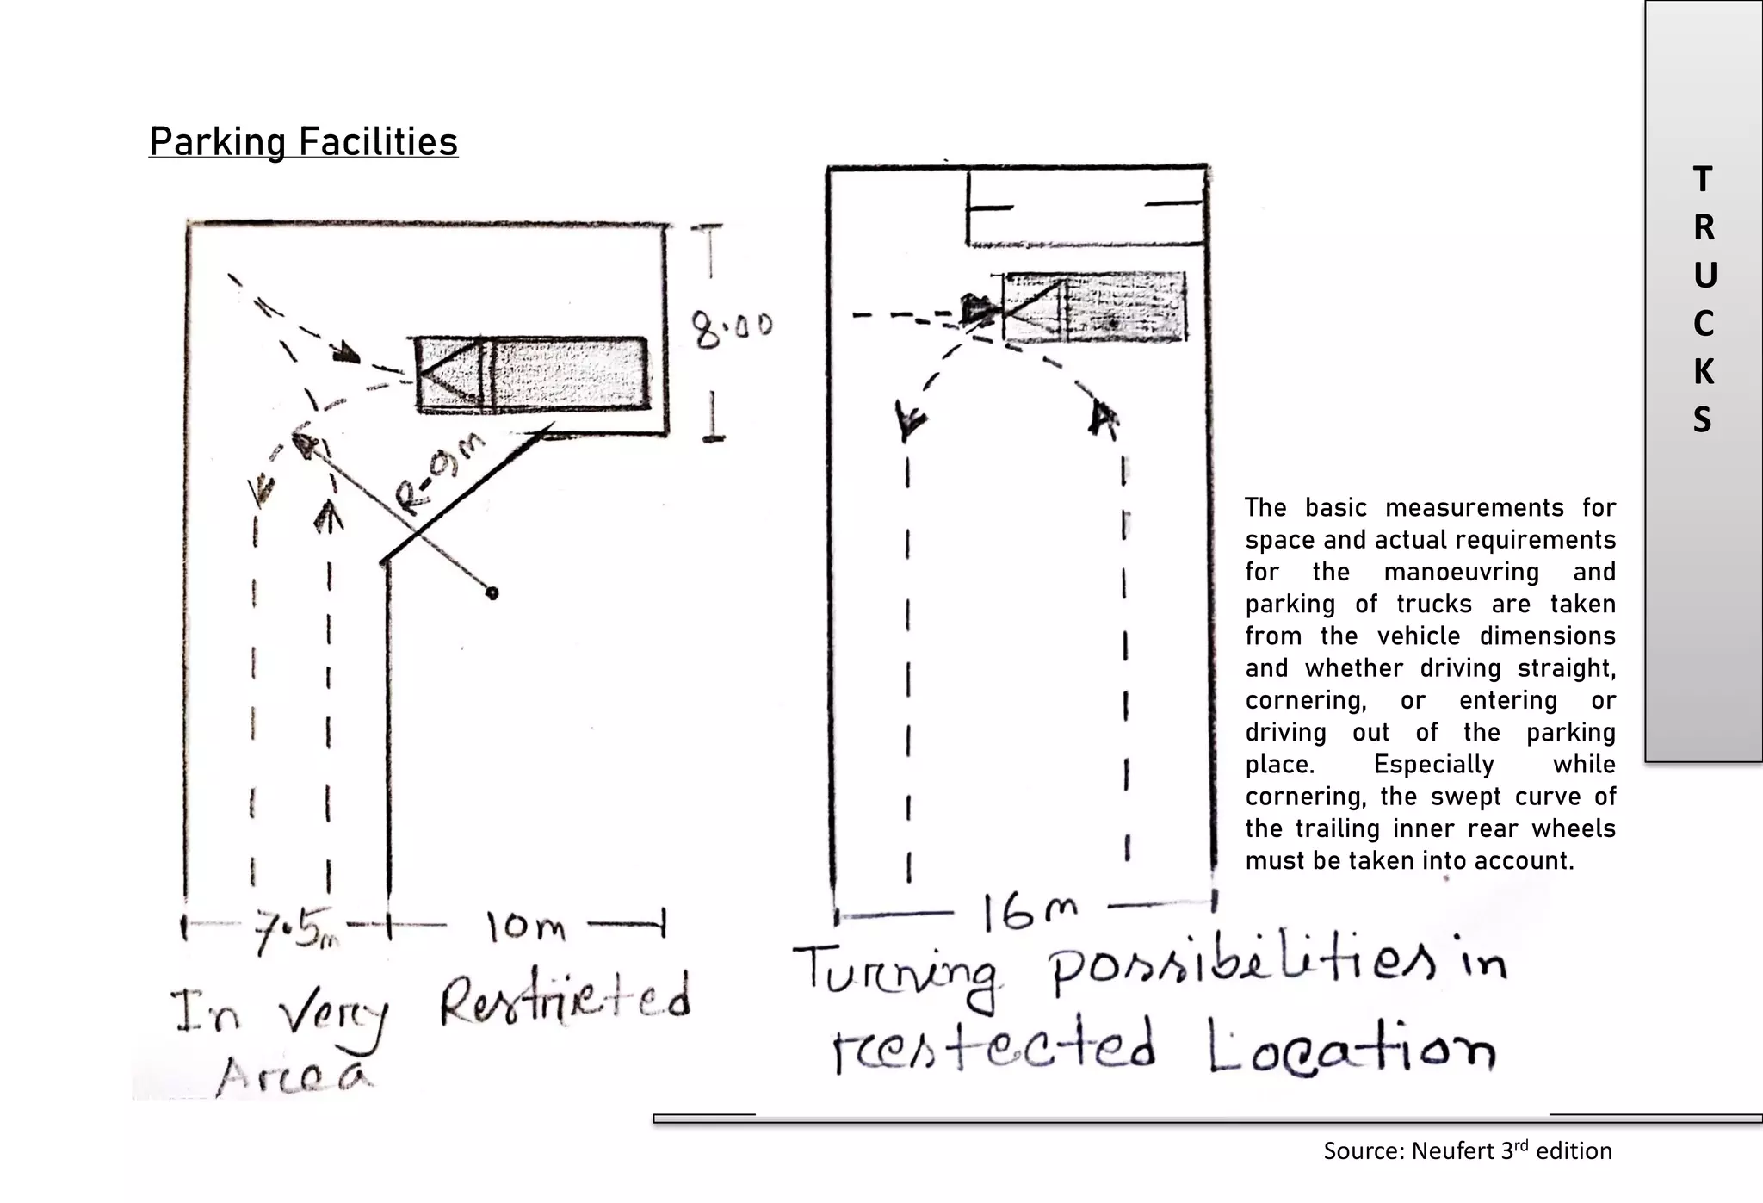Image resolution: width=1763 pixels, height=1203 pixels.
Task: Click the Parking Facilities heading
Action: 303,142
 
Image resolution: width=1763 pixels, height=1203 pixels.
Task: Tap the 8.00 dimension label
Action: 732,329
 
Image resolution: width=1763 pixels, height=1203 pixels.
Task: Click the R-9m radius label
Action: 439,474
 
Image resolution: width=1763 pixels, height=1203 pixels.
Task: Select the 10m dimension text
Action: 526,927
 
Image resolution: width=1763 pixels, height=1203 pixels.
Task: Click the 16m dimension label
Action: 1030,912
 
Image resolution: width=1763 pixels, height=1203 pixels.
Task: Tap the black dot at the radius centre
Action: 492,593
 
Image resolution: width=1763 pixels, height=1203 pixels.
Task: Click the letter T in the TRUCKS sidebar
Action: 1703,179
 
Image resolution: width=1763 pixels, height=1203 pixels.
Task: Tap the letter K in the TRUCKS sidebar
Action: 1703,372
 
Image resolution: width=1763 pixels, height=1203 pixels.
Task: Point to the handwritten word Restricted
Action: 565,1001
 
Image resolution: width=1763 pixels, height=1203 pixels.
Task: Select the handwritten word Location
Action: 1352,1048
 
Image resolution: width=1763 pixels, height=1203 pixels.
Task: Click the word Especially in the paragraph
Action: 1433,765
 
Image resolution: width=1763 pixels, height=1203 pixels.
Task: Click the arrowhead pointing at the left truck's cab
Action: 346,352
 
